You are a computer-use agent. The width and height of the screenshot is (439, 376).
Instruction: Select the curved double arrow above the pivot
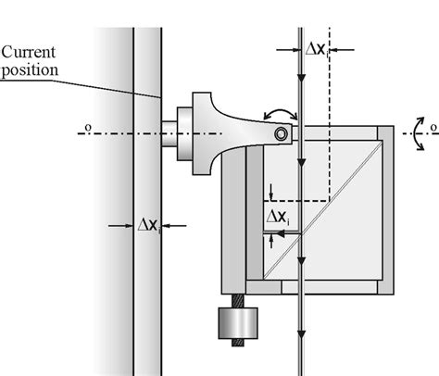click(x=280, y=115)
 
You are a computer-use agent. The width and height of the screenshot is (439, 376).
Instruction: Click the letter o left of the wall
click(x=86, y=129)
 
